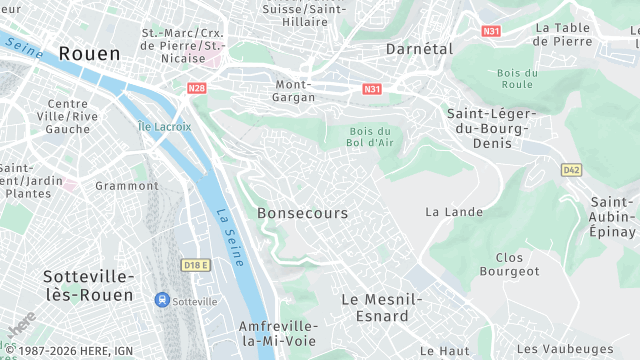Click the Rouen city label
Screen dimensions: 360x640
(89, 53)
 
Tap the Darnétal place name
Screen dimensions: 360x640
(420, 48)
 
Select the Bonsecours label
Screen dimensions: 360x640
(302, 213)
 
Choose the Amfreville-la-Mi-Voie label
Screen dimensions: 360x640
(278, 334)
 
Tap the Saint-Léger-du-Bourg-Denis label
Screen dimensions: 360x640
(491, 128)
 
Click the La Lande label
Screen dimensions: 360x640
(454, 212)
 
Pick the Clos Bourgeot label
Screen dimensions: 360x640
(509, 264)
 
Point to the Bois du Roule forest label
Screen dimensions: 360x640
(517, 78)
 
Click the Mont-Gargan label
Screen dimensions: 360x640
(295, 91)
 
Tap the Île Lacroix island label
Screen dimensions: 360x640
(164, 126)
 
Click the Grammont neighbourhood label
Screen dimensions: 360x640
(127, 186)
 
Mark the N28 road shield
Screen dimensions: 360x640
(196, 88)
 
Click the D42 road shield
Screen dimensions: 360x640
(571, 170)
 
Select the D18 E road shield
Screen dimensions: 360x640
(196, 265)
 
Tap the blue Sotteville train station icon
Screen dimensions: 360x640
(161, 300)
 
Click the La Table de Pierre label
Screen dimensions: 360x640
(577, 34)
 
